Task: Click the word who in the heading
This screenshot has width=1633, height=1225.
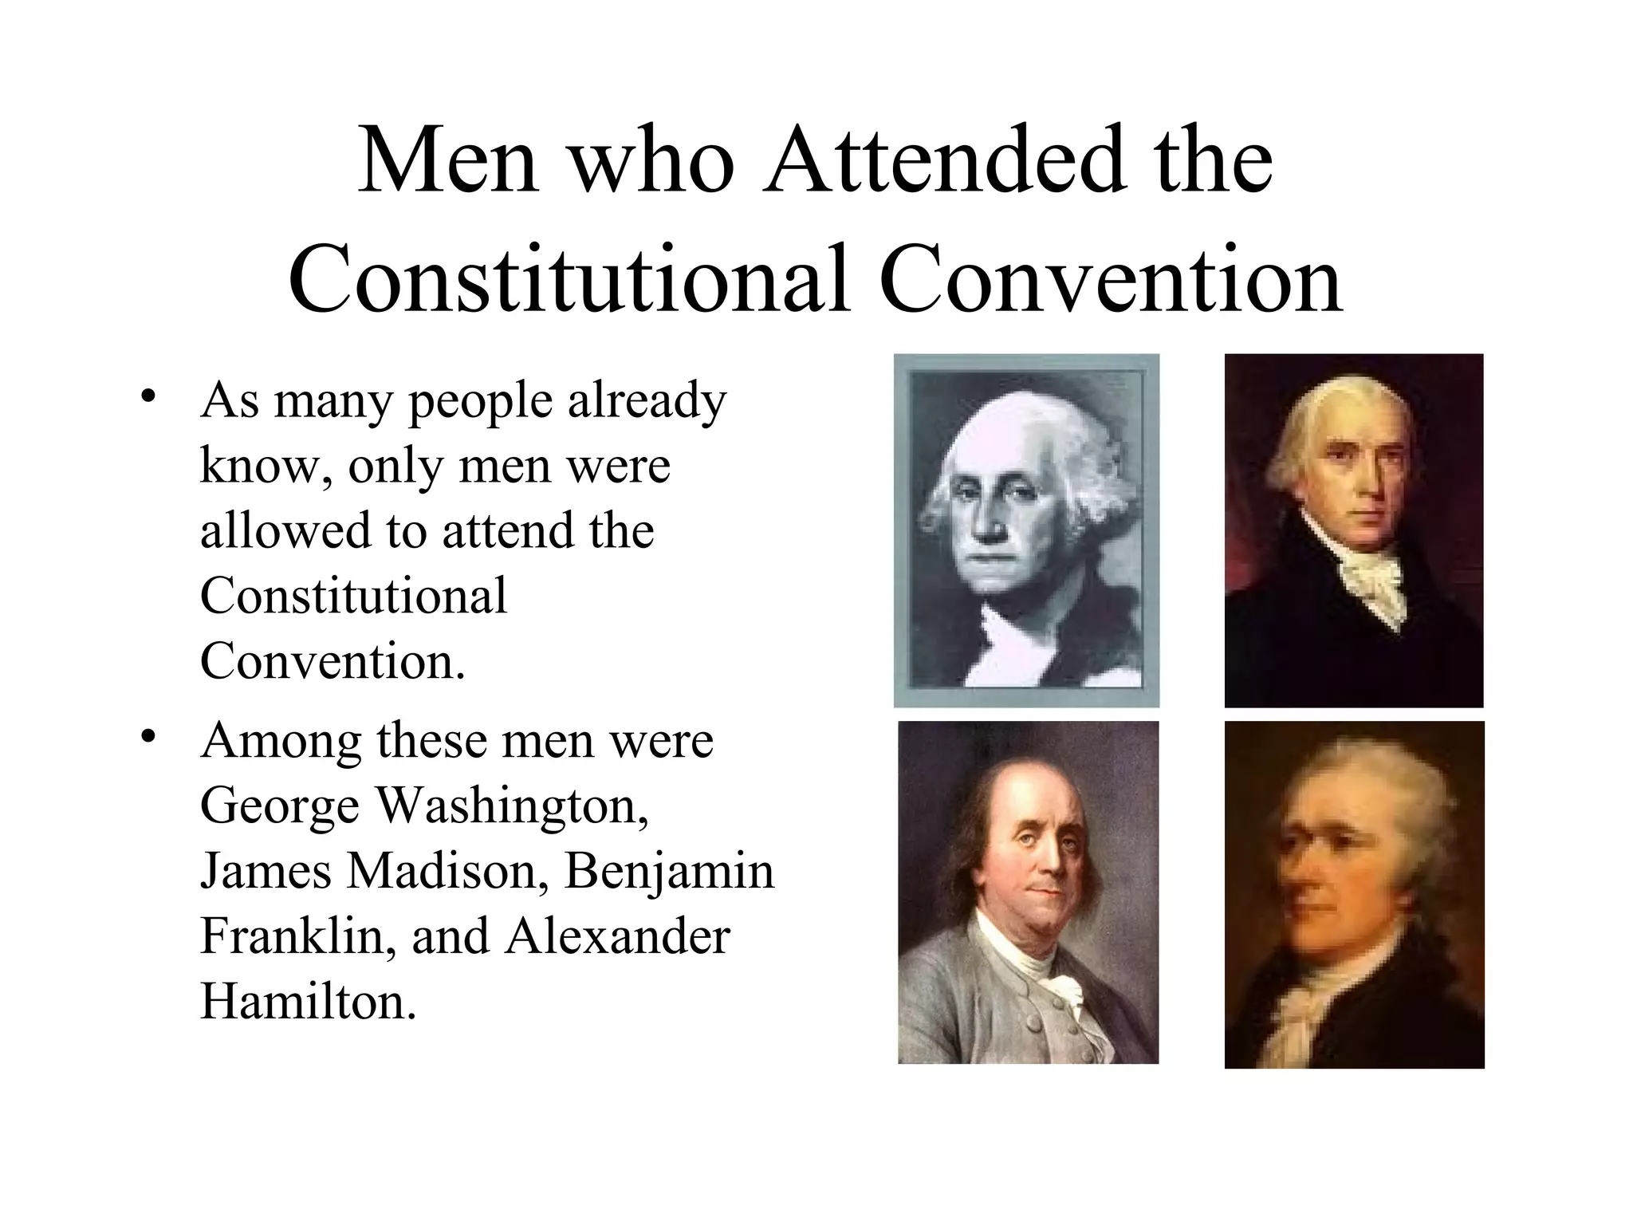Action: coord(652,162)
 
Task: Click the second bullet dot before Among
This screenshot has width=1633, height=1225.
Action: coord(146,737)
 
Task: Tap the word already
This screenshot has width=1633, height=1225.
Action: coord(647,401)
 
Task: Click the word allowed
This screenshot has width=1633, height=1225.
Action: coord(285,530)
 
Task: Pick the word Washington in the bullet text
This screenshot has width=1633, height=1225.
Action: coord(512,806)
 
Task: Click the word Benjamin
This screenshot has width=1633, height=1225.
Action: coord(670,872)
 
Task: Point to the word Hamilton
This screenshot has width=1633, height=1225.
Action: coord(308,1001)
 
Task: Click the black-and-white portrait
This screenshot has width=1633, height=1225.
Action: coord(1026,530)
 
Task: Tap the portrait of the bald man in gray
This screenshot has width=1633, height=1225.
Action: coord(1028,892)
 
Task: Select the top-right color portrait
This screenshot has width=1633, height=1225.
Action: coord(1354,530)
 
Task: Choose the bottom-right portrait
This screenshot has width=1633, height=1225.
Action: coord(1354,894)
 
